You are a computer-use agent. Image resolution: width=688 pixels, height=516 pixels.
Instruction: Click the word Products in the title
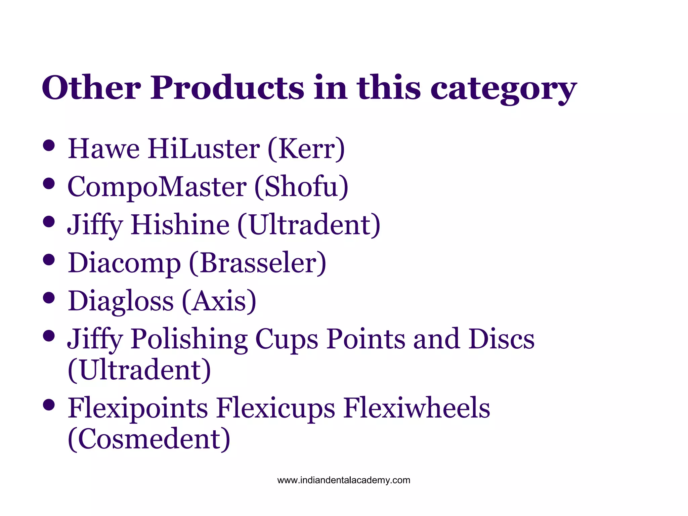point(227,88)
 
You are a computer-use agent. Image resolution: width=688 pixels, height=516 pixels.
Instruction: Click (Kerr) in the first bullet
point(306,149)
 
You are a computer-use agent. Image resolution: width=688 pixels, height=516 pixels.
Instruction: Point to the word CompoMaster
point(157,187)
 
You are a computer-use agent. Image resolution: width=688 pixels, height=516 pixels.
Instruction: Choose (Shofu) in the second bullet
point(301,187)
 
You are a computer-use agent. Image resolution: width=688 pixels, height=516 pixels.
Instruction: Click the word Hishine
point(180,225)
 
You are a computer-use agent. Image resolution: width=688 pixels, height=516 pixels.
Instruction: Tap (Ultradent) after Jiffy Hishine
point(309,225)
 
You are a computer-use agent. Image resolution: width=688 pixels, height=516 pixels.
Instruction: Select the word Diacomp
point(124,263)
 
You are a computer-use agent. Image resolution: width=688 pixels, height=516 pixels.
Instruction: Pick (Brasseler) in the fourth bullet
point(258,263)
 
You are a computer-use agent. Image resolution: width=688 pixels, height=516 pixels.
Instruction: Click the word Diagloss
point(121,301)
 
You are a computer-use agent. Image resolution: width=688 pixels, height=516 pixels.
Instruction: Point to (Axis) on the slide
point(219,301)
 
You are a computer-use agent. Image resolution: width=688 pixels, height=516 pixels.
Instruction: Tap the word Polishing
point(189,339)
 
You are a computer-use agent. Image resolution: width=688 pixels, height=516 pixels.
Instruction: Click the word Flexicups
point(275,408)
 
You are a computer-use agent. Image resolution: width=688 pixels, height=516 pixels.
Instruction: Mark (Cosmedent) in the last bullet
point(149,439)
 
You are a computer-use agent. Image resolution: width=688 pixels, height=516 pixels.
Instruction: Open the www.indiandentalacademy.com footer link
point(344,480)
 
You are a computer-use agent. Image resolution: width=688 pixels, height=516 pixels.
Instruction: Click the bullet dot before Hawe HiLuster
point(49,146)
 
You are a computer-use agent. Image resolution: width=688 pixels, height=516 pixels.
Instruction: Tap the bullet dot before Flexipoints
point(49,405)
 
